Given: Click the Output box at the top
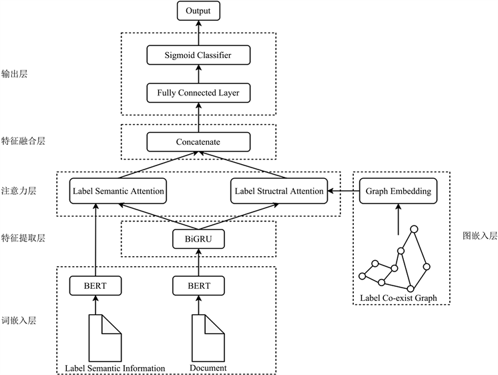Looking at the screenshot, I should [x=198, y=11].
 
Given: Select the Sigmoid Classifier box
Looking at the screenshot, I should [x=198, y=55].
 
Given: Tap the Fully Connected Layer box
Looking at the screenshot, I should [x=198, y=93].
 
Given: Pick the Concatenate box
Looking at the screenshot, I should [x=198, y=142].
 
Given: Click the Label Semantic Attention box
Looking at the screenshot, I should [x=117, y=192].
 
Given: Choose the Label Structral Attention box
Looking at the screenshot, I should [x=279, y=192].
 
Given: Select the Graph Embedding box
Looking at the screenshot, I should [x=398, y=192].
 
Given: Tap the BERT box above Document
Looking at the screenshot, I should [x=198, y=286].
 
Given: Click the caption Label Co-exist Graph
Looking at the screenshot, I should [x=398, y=297].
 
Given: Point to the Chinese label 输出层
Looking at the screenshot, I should [x=14, y=74].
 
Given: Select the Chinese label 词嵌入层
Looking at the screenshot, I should [x=19, y=321].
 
